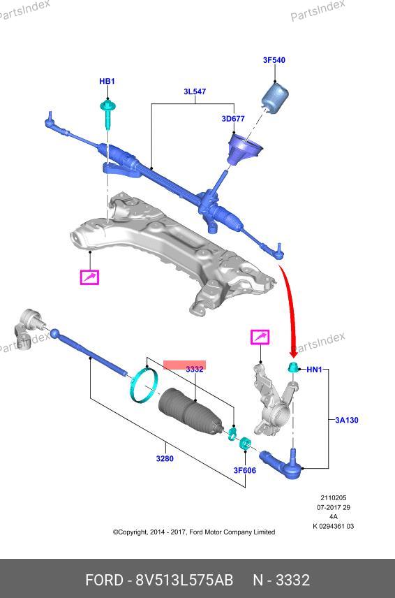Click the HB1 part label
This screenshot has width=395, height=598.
click(107, 81)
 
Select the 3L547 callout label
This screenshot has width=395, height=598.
click(195, 92)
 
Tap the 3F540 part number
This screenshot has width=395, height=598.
click(274, 60)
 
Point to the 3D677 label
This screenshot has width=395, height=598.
click(233, 119)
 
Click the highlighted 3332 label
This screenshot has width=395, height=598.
click(194, 369)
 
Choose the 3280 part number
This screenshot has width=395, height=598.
click(165, 458)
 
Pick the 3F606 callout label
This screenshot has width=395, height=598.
click(244, 471)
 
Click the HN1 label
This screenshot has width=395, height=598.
click(315, 369)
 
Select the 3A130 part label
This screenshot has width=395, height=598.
click(347, 421)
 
